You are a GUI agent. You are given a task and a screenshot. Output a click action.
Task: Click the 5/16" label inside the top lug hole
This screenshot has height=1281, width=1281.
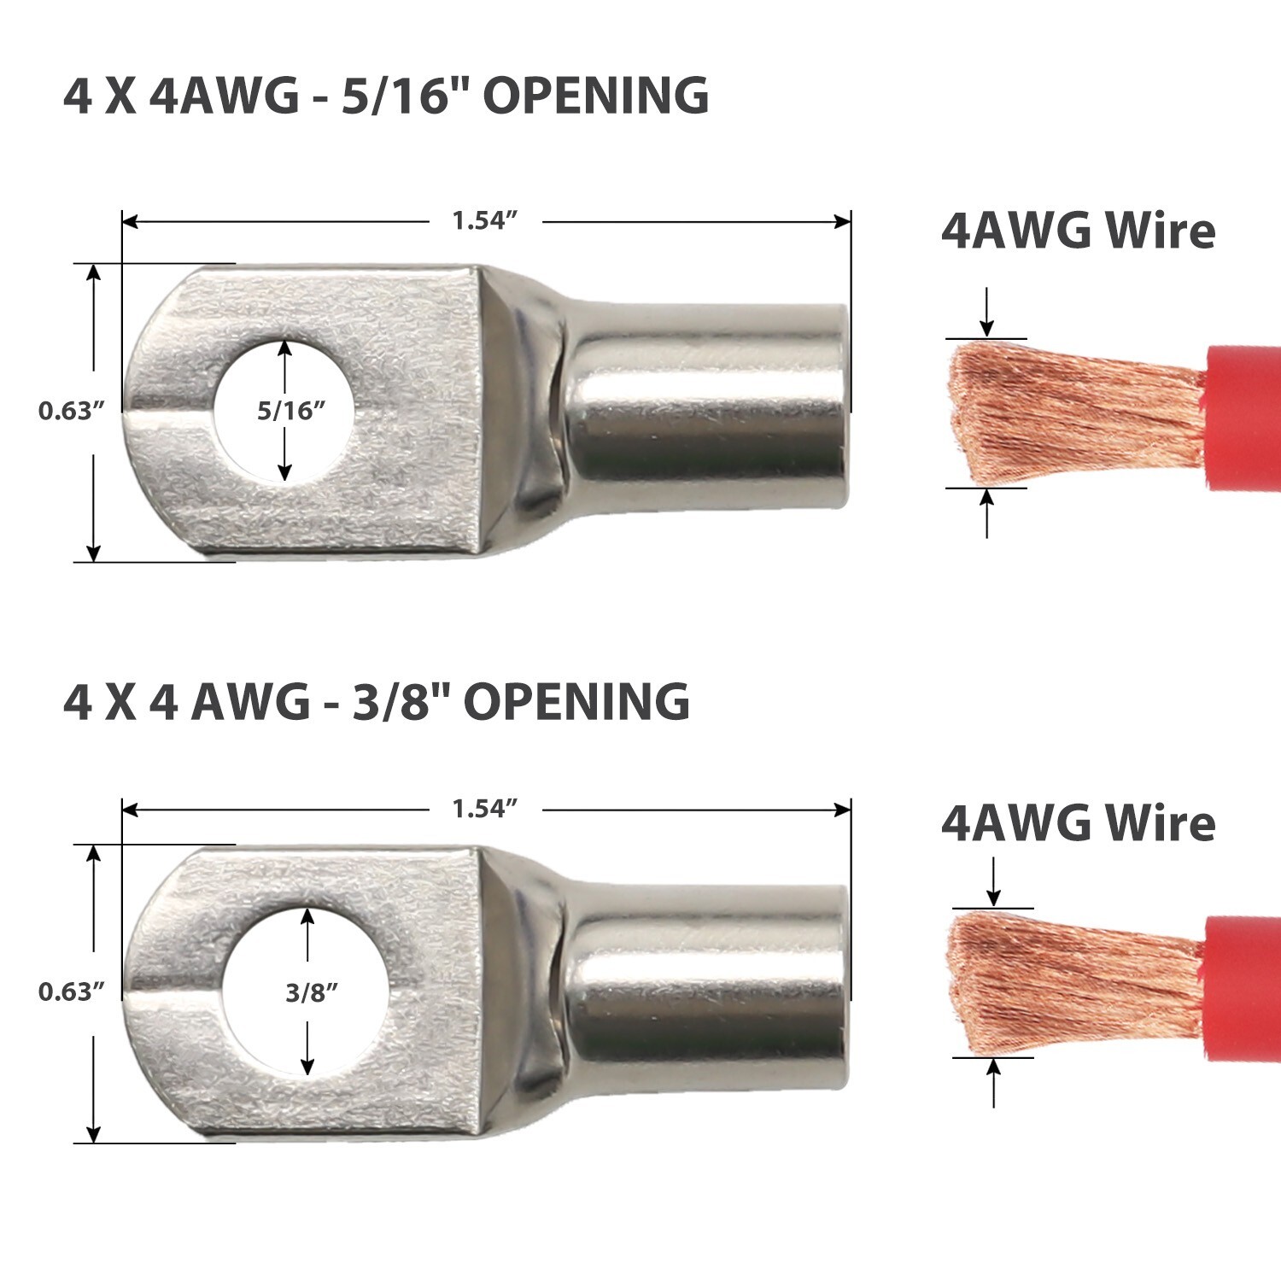292,411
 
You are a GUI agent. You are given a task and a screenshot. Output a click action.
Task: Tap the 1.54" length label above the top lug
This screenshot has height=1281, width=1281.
485,221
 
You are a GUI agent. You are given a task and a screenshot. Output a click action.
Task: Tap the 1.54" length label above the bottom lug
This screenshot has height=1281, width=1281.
485,809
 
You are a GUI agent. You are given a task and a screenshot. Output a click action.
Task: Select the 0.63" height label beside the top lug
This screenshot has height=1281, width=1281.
71,411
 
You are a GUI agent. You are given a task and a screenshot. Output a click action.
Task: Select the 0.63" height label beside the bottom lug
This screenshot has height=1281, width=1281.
71,992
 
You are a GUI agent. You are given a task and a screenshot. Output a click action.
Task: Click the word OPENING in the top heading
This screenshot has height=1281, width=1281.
596,96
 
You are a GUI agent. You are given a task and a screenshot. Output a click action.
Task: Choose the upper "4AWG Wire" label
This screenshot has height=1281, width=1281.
1078,231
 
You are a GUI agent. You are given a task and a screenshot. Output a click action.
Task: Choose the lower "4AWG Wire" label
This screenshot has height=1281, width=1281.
1078,824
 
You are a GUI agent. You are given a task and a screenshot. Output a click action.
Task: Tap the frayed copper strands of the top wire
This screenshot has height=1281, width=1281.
1067,414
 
